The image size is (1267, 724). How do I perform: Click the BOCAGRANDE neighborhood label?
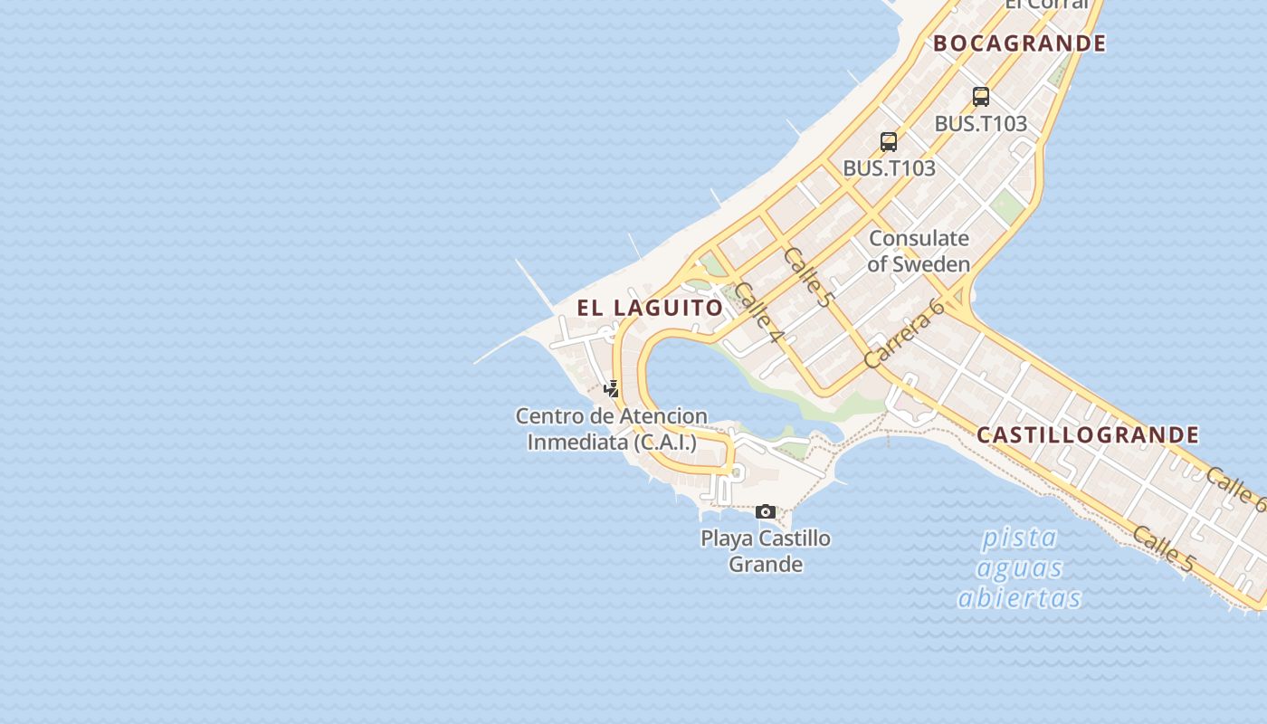1019,43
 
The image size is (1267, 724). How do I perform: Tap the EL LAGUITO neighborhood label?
651,308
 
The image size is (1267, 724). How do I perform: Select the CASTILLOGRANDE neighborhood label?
1088,435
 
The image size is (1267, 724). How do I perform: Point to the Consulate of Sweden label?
919,251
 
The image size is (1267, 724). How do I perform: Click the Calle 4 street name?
758,312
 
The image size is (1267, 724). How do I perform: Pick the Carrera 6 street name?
904,333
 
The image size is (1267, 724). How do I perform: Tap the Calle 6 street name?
1236,490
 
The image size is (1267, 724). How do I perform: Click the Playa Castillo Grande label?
766,551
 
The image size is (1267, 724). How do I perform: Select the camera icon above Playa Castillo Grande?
766,512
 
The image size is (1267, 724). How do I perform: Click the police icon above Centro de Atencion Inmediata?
613,389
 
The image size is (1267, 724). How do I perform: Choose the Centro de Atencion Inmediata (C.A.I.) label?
612,429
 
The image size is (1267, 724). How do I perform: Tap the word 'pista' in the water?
1020,538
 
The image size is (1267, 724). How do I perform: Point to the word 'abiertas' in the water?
1020,598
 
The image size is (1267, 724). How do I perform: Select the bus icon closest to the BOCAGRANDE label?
980,97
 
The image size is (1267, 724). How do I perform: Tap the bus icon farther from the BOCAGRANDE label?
889,142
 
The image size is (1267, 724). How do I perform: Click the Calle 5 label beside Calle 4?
807,276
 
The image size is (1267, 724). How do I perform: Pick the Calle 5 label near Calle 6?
1163,548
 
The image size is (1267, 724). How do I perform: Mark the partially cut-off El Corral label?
1046,5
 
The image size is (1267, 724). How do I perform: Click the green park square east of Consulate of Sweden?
1007,209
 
